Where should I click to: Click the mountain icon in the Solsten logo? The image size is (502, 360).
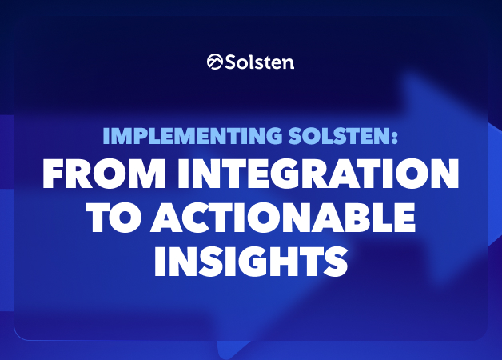click(214, 62)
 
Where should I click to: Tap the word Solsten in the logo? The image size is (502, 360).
click(259, 62)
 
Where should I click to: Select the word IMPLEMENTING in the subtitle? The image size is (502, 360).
click(193, 136)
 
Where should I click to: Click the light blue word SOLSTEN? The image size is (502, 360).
click(337, 136)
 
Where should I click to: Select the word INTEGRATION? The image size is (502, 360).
click(318, 174)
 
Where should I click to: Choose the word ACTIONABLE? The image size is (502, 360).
click(283, 218)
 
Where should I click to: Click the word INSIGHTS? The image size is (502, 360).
click(251, 262)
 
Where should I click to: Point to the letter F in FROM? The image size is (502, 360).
click(53, 174)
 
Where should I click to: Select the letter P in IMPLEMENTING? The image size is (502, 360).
click(137, 136)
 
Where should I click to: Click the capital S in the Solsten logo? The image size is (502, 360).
click(231, 62)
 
